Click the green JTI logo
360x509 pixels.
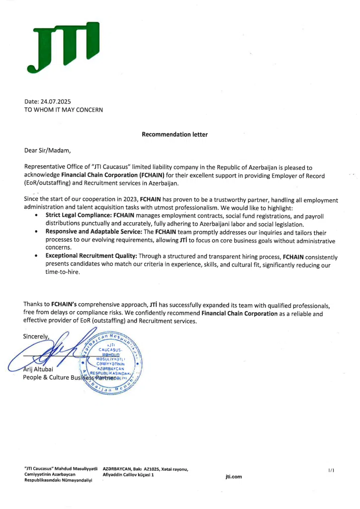coord(63,46)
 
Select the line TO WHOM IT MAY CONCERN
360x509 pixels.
coord(63,109)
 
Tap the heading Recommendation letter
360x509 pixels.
coord(175,134)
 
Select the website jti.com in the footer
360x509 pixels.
coord(233,477)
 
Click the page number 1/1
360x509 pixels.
coord(331,469)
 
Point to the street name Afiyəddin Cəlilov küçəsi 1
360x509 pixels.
coord(128,475)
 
